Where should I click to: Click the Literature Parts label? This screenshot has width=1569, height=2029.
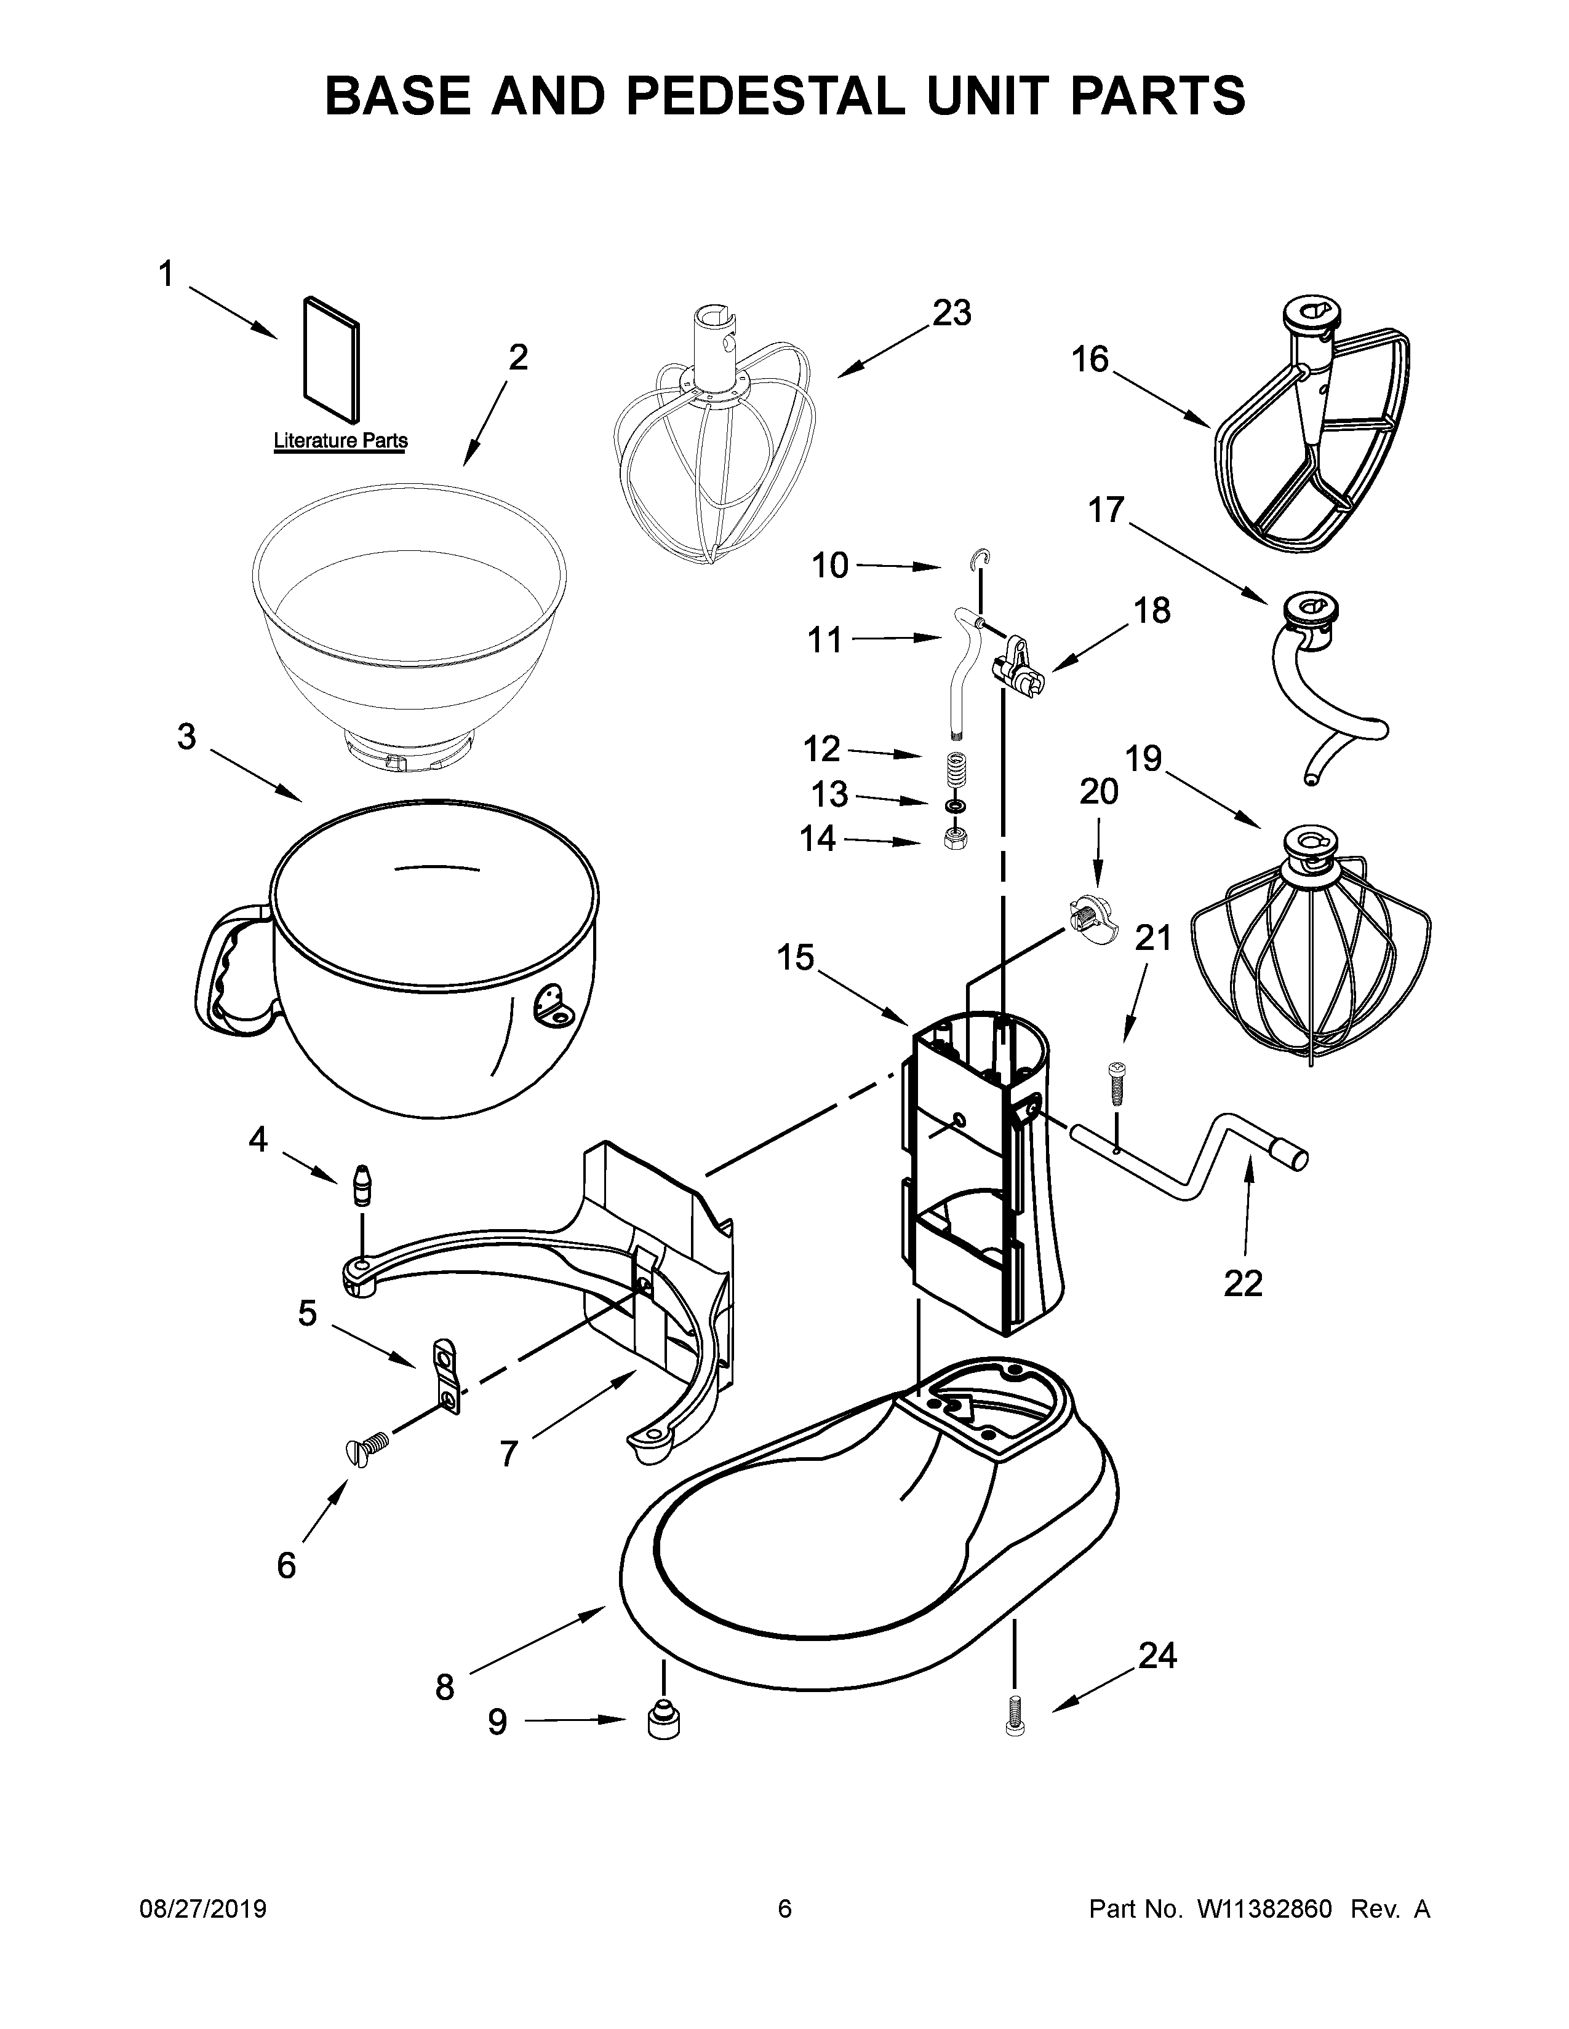[x=340, y=440]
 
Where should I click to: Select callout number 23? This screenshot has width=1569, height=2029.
[x=952, y=313]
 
